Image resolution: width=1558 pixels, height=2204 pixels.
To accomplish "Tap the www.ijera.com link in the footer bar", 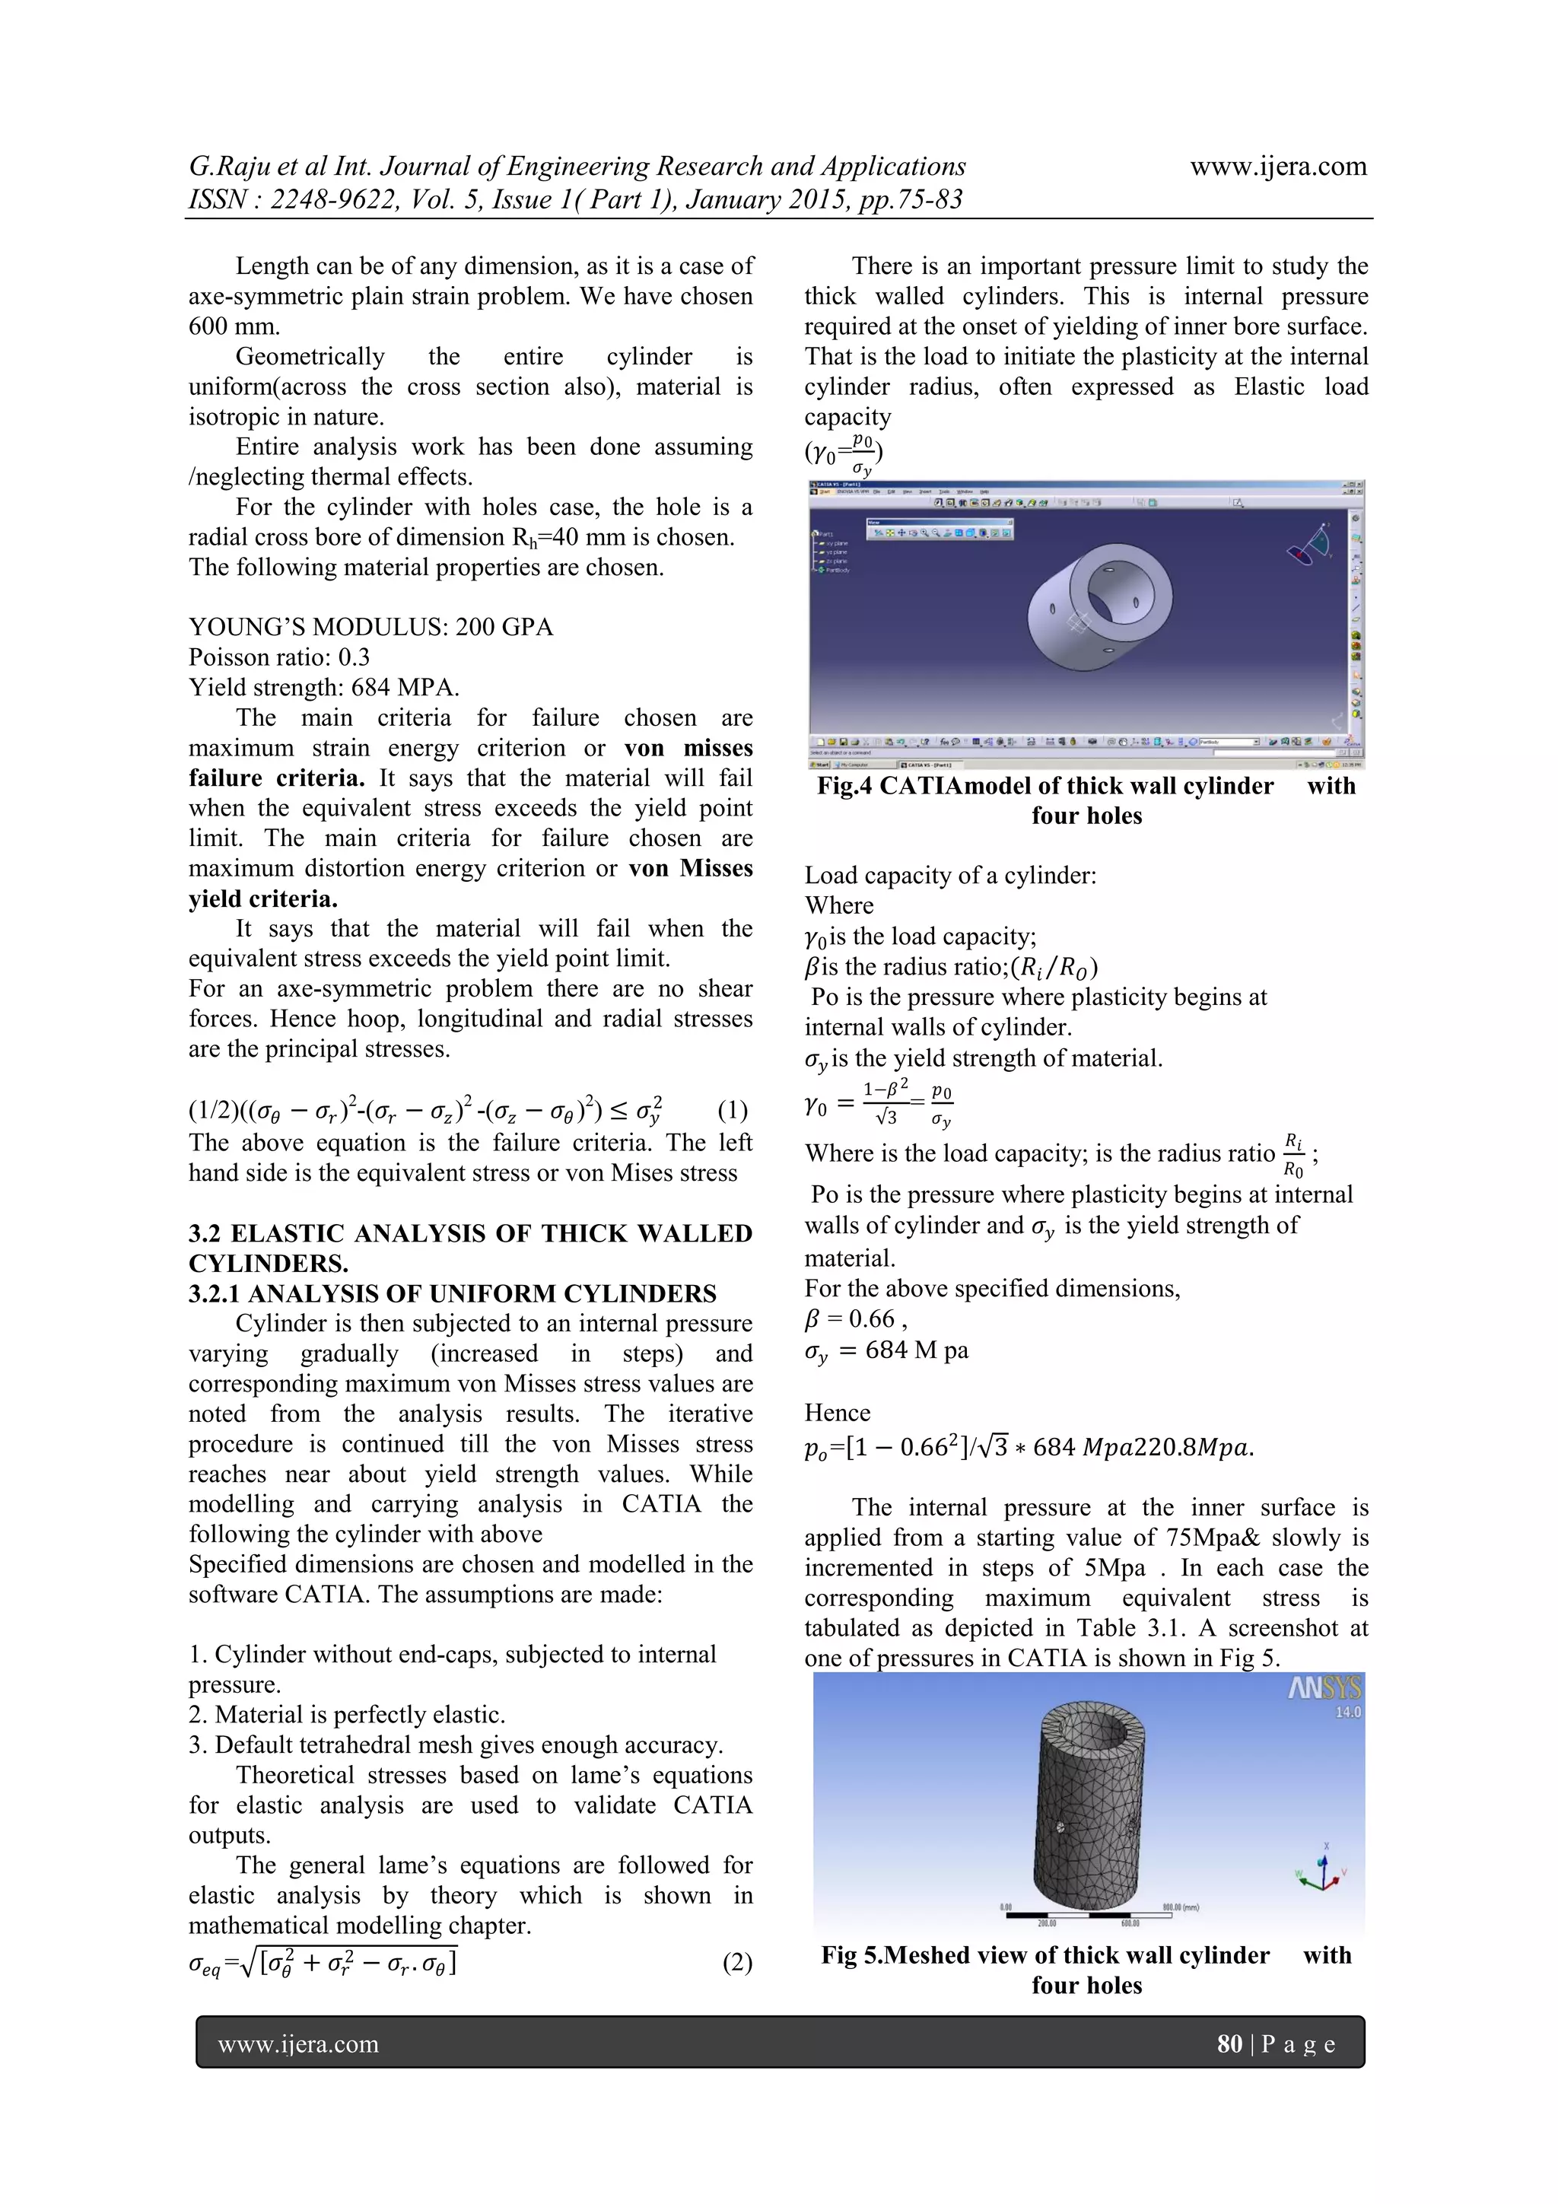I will pos(297,2045).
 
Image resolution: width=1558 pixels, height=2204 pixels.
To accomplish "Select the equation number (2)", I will pos(737,1962).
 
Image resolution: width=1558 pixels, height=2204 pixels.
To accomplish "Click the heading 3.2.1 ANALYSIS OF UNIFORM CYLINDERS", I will pos(452,1293).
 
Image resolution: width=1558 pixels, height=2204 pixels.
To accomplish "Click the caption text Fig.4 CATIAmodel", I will pos(1044,786).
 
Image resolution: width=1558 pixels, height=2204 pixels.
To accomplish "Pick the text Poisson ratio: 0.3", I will pos(279,657).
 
